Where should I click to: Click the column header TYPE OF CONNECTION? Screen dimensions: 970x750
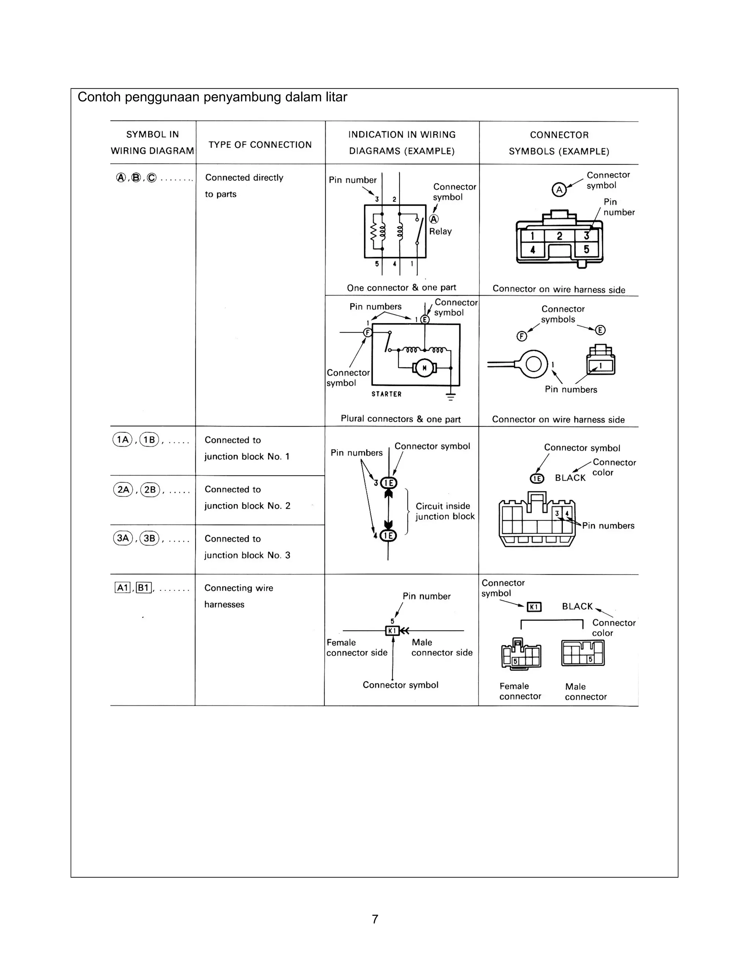coord(260,145)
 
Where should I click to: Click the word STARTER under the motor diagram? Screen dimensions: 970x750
coord(387,394)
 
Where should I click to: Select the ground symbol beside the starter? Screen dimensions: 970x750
coord(450,397)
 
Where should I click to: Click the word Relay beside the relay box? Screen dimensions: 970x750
coord(440,231)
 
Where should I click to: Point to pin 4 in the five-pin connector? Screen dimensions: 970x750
coord(532,250)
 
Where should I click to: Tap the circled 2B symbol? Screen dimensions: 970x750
coord(150,489)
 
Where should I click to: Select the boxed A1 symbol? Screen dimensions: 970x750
coord(122,588)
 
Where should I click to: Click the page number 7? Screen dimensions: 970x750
coord(375,919)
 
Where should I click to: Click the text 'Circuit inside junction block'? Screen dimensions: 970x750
coord(445,511)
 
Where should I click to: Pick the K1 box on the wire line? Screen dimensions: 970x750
coord(392,631)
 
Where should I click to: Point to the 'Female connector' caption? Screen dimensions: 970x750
coord(520,691)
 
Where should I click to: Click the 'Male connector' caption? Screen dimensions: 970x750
coord(585,691)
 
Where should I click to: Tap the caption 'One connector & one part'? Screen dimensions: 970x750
coord(401,288)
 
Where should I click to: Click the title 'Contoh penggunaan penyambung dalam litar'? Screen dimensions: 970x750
coord(212,97)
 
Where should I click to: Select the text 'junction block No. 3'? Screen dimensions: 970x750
coord(247,555)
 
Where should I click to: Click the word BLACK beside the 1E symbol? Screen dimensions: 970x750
coord(570,478)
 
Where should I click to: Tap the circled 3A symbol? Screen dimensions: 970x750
coord(123,538)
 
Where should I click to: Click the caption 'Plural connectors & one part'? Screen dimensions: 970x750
coord(400,419)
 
